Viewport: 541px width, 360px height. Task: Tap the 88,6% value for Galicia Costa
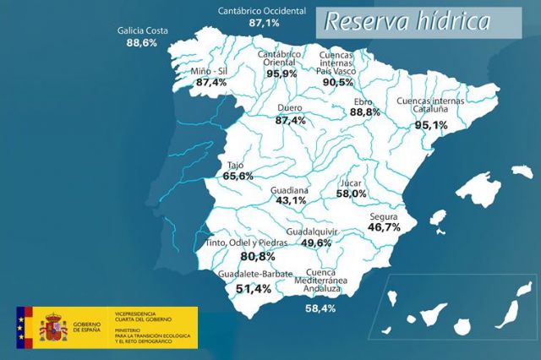click(x=142, y=42)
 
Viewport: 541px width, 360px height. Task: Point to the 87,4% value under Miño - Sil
click(x=211, y=83)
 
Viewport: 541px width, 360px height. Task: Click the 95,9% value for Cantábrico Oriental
click(x=281, y=74)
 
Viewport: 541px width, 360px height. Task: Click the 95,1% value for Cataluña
click(x=431, y=124)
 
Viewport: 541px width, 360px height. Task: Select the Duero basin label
click(x=291, y=109)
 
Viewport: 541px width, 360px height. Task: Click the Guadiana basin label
click(x=290, y=191)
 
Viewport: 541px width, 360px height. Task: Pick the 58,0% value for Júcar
click(x=351, y=194)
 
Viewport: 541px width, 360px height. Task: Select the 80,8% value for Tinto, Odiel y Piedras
click(x=258, y=256)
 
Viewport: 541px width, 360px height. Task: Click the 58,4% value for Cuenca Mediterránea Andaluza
click(x=320, y=308)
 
